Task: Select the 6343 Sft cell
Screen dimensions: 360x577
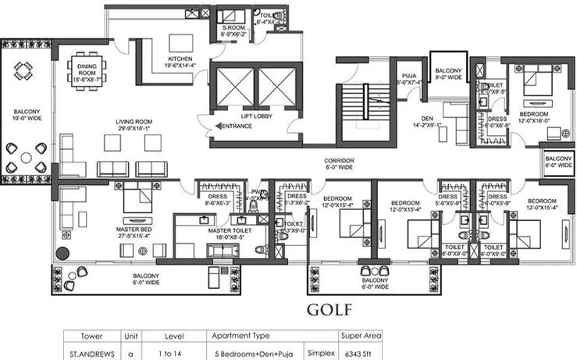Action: [361, 353]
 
